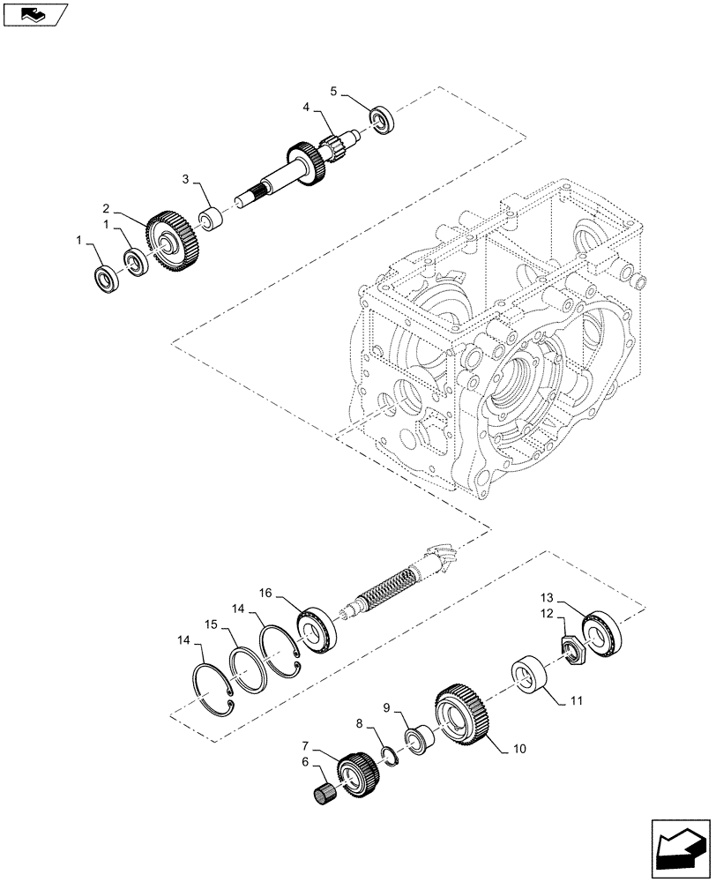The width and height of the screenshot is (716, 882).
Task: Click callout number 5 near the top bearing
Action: (x=333, y=91)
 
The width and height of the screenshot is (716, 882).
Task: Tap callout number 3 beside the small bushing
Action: (x=186, y=180)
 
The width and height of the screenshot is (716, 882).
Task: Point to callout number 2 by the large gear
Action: (x=106, y=209)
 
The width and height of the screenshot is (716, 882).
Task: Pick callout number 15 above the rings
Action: (x=211, y=623)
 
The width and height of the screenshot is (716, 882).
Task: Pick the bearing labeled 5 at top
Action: (x=383, y=120)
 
